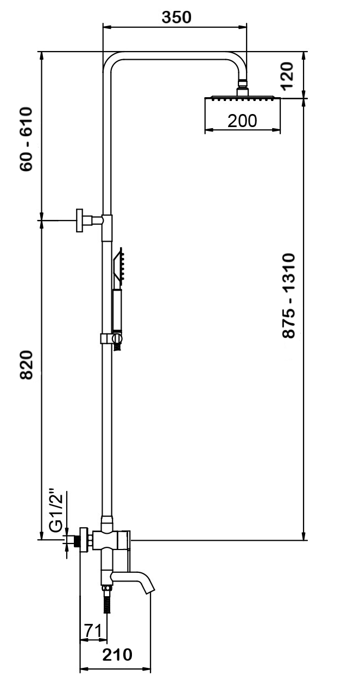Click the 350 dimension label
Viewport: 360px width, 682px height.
[178, 17]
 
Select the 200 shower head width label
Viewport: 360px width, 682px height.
[242, 121]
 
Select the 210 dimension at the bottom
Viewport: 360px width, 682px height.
[117, 655]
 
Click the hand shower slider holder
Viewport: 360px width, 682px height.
[112, 339]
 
